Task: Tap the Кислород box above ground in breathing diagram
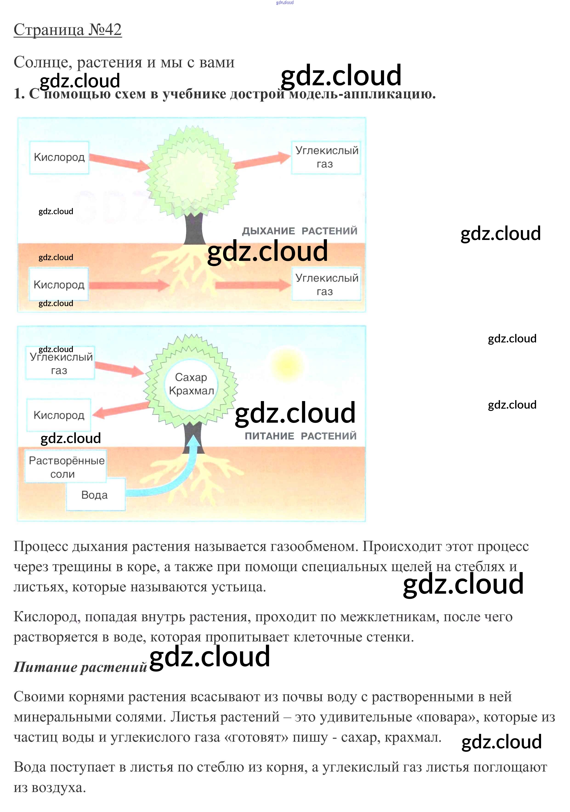point(59,157)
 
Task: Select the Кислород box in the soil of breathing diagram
point(59,285)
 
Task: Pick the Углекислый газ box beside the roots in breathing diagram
point(326,285)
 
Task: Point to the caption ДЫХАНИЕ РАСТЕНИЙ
point(300,231)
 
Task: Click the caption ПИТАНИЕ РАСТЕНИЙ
point(301,436)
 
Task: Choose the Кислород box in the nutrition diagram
point(59,415)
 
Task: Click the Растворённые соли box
point(66,467)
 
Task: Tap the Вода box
point(95,495)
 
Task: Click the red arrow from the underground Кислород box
point(129,285)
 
